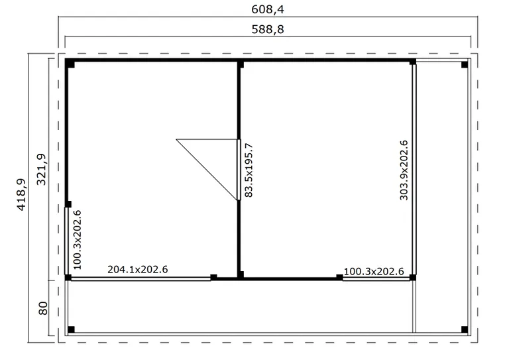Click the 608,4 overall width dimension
click(x=268, y=9)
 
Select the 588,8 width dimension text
click(x=268, y=29)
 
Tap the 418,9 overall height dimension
click(x=21, y=194)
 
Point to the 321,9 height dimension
click(x=41, y=169)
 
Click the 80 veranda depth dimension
click(x=43, y=308)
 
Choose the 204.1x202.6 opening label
click(x=138, y=269)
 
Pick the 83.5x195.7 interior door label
click(x=249, y=170)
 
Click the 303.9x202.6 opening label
click(x=404, y=170)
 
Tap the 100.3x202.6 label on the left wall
click(x=78, y=240)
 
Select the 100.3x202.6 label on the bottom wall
click(x=374, y=271)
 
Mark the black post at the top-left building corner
click(x=70, y=64)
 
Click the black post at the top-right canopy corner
click(x=465, y=64)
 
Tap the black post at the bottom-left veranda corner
click(x=71, y=330)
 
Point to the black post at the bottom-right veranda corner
click(x=465, y=330)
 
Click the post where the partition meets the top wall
click(x=240, y=64)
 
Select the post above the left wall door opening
click(x=68, y=204)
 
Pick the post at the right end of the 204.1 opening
click(x=213, y=277)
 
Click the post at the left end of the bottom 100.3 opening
click(x=339, y=277)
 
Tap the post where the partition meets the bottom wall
click(x=240, y=275)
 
